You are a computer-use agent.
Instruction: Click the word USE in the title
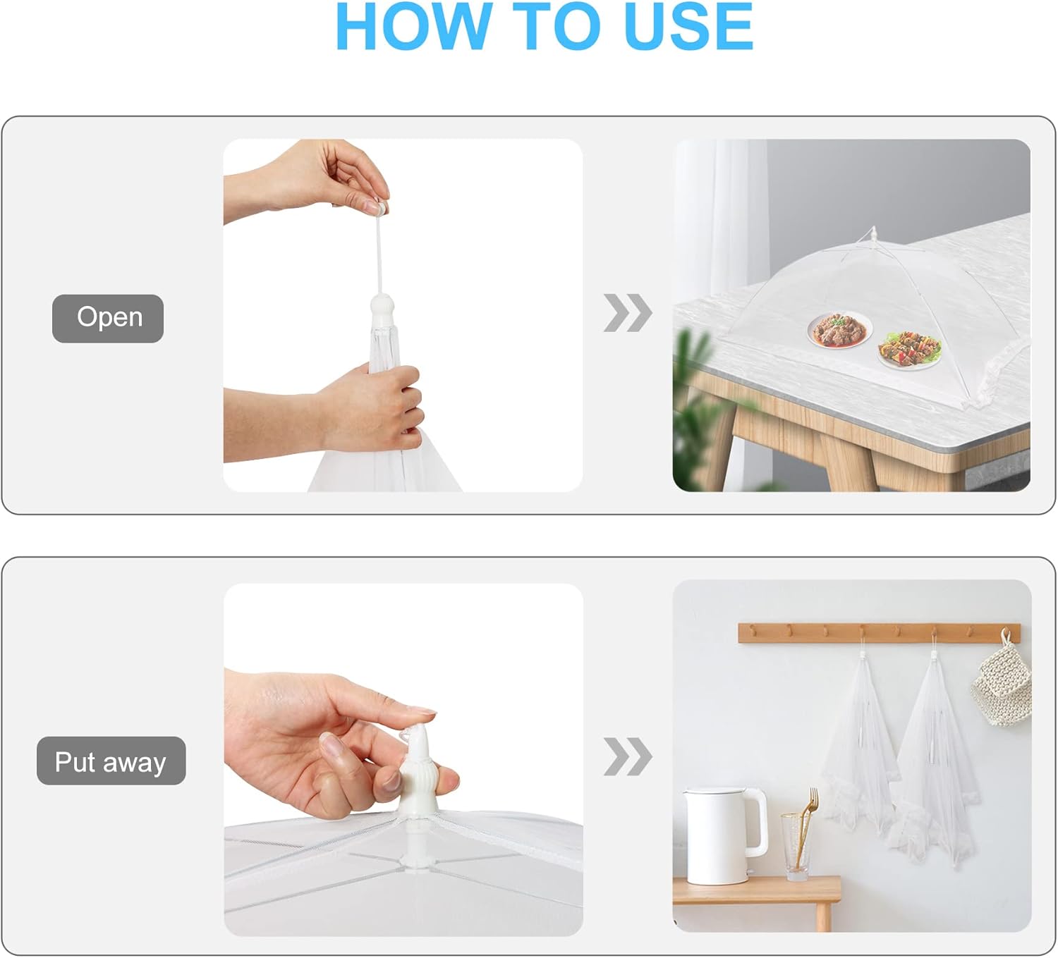pos(688,26)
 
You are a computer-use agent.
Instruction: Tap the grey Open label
pos(108,319)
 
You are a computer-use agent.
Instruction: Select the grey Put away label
pos(111,761)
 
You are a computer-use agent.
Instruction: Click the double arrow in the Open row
pos(628,313)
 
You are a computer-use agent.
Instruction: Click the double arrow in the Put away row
pos(628,756)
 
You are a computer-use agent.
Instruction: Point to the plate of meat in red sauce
pos(839,330)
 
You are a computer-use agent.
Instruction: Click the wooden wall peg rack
pos(880,633)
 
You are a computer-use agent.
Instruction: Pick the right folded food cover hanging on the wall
pos(935,754)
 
